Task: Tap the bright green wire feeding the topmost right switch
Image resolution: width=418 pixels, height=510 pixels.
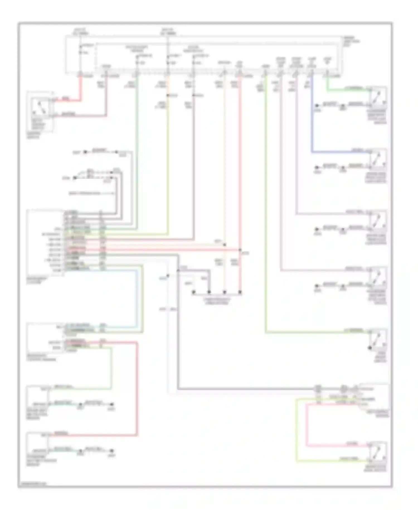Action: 348,90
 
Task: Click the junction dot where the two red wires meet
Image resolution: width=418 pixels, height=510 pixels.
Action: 240,250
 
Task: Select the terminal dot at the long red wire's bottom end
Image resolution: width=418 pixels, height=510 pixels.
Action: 240,292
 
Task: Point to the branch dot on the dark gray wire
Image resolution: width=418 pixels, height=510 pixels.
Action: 178,270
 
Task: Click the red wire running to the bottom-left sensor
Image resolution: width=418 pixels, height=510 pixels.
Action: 137,391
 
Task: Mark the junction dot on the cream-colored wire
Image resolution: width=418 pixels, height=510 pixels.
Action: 225,245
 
